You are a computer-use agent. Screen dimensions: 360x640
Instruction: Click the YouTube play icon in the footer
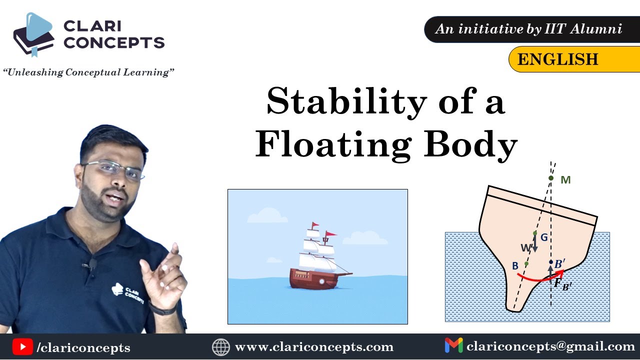pos(22,346)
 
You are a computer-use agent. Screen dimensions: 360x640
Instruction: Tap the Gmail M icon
pos(453,345)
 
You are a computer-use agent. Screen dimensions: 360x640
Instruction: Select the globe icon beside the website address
pos(220,346)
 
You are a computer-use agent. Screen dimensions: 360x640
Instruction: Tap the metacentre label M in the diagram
pos(565,180)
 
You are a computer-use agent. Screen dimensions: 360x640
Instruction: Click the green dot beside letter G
pos(535,233)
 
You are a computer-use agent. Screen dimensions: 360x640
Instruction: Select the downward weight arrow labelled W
pos(535,244)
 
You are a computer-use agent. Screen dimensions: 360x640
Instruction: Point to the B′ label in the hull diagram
pos(560,263)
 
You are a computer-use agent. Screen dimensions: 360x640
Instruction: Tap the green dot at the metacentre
pos(551,178)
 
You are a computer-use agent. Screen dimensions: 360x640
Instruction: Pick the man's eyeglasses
pos(113,169)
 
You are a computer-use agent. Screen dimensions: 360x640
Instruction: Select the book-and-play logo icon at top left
pos(33,35)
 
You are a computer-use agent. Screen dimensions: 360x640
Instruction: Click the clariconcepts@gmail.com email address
pos(550,346)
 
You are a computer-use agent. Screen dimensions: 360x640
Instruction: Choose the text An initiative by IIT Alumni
pos(528,29)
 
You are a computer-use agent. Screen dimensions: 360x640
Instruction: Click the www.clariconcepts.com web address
pos(314,346)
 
